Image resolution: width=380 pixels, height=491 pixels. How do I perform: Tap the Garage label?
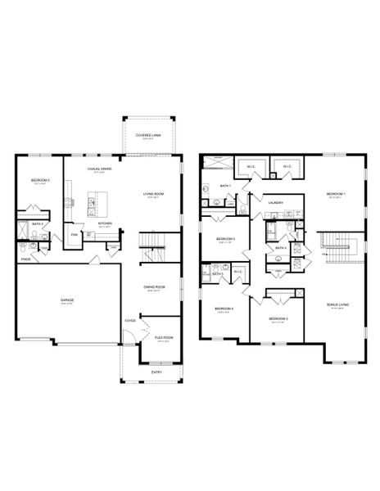[x=67, y=300]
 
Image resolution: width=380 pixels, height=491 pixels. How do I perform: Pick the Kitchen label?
[x=106, y=223]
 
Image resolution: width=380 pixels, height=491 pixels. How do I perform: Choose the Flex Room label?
[x=162, y=338]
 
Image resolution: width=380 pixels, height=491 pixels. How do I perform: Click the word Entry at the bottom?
[x=156, y=372]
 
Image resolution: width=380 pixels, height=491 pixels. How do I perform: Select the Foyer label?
[x=130, y=321]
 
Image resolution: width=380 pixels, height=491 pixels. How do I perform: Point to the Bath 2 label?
[x=37, y=223]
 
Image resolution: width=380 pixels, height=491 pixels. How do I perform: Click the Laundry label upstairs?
[x=275, y=202]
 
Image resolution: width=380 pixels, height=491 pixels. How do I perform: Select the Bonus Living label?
[x=337, y=304]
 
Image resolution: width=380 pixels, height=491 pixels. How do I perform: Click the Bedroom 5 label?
[x=225, y=239]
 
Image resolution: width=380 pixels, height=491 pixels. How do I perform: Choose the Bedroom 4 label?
[x=224, y=309]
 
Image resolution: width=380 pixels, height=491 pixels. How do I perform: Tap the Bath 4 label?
[x=279, y=247]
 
